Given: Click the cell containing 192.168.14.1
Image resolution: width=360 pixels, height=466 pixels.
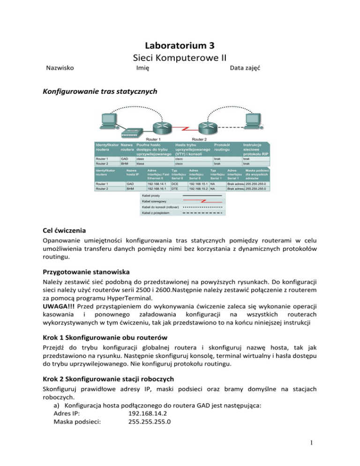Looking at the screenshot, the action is tap(156, 184).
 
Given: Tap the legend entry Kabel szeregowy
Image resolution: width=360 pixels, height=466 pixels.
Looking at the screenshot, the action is tap(152, 201).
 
